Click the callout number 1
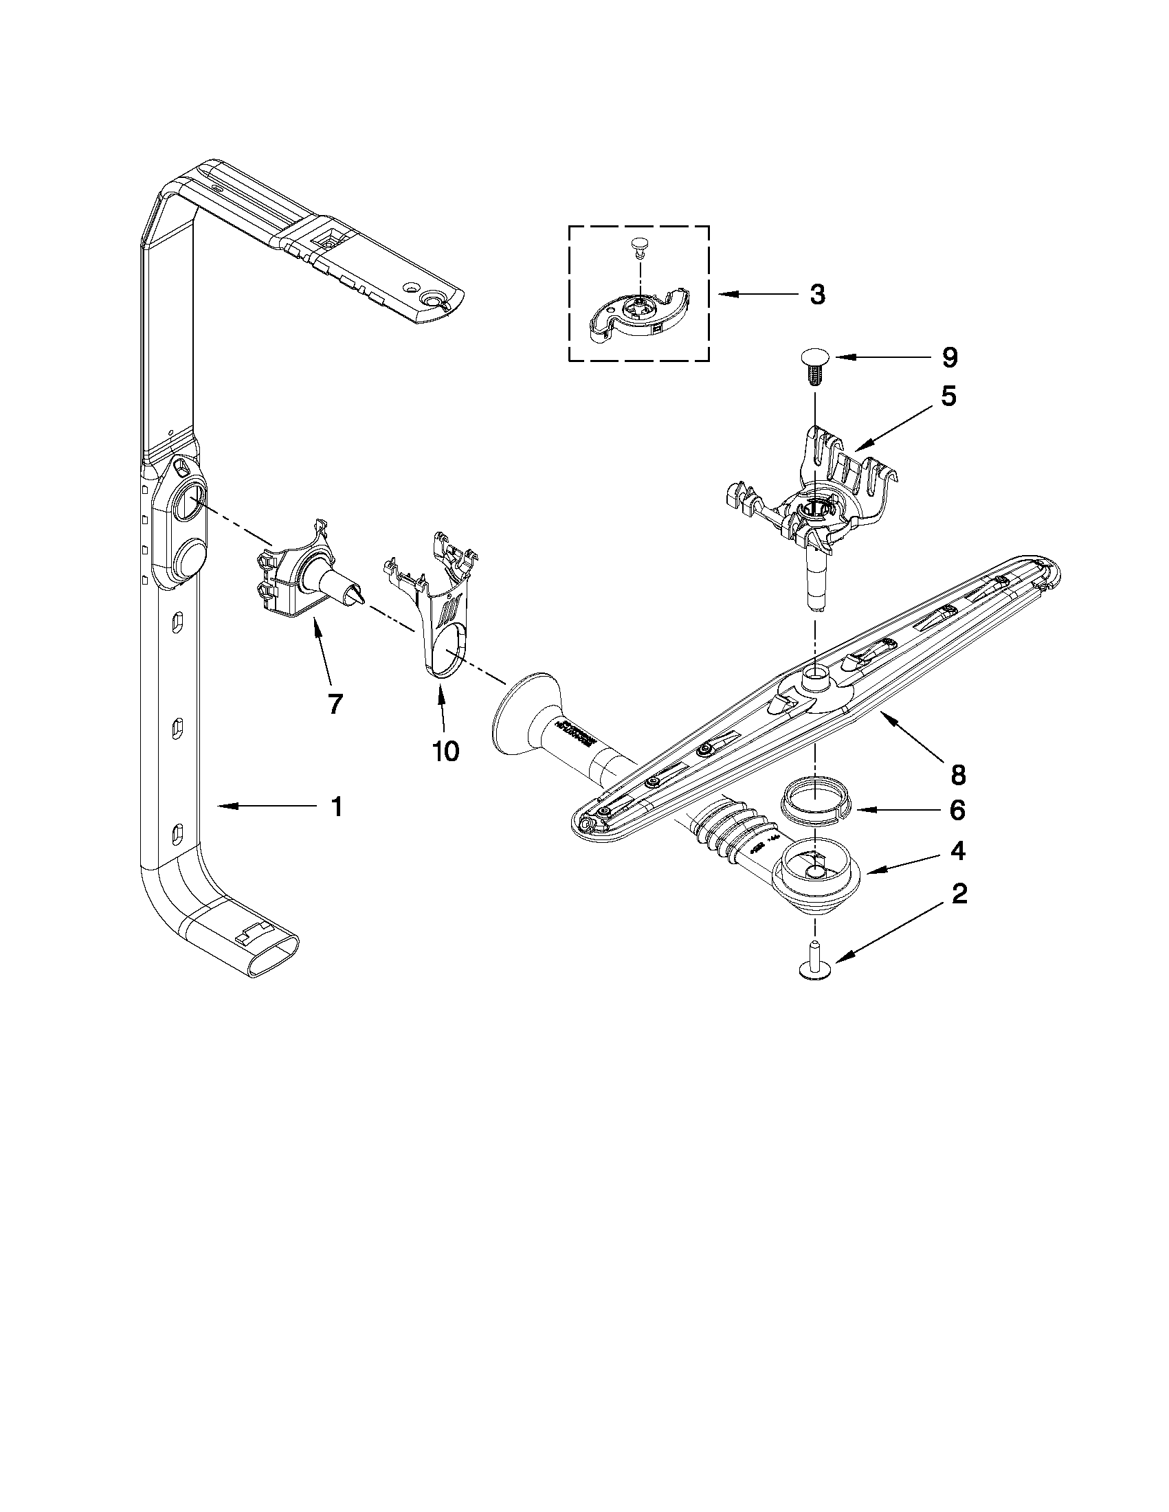(336, 806)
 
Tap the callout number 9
(950, 358)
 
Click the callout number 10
(445, 750)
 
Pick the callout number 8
(958, 776)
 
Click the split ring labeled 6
(815, 803)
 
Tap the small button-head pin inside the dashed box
(639, 244)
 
